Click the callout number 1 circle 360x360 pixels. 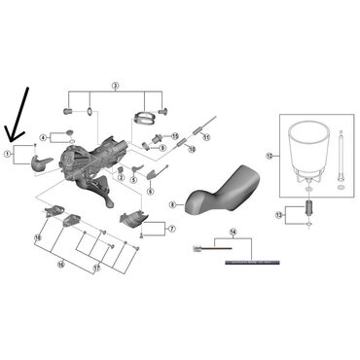(8, 154)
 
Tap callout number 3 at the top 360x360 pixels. (114, 87)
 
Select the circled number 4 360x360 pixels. (44, 137)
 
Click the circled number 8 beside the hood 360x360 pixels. (172, 205)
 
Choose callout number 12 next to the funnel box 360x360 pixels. (270, 155)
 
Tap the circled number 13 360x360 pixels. (278, 214)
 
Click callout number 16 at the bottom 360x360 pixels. (60, 264)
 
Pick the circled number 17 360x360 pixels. (97, 266)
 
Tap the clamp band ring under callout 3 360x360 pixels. (143, 120)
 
